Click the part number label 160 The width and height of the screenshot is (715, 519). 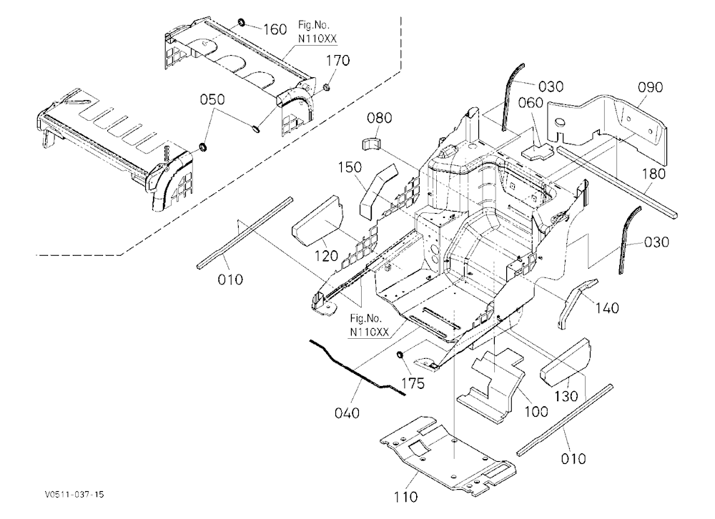tap(275, 29)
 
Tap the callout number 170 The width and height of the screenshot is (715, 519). tap(338, 60)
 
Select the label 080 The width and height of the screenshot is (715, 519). tap(380, 118)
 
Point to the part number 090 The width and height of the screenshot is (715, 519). tap(650, 87)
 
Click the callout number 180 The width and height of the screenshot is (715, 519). tap(654, 173)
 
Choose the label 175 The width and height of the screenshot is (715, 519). tap(413, 383)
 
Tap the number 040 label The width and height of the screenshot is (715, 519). tap(347, 413)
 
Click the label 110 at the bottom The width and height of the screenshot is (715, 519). tap(405, 496)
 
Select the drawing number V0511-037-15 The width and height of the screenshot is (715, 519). tap(74, 495)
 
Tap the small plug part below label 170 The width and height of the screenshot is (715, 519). tap(327, 86)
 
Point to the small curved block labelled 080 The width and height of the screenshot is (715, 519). tap(373, 143)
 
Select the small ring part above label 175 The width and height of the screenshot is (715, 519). tap(400, 355)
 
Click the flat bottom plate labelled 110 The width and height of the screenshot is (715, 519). tap(448, 455)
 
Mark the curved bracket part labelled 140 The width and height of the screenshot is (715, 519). tap(576, 301)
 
